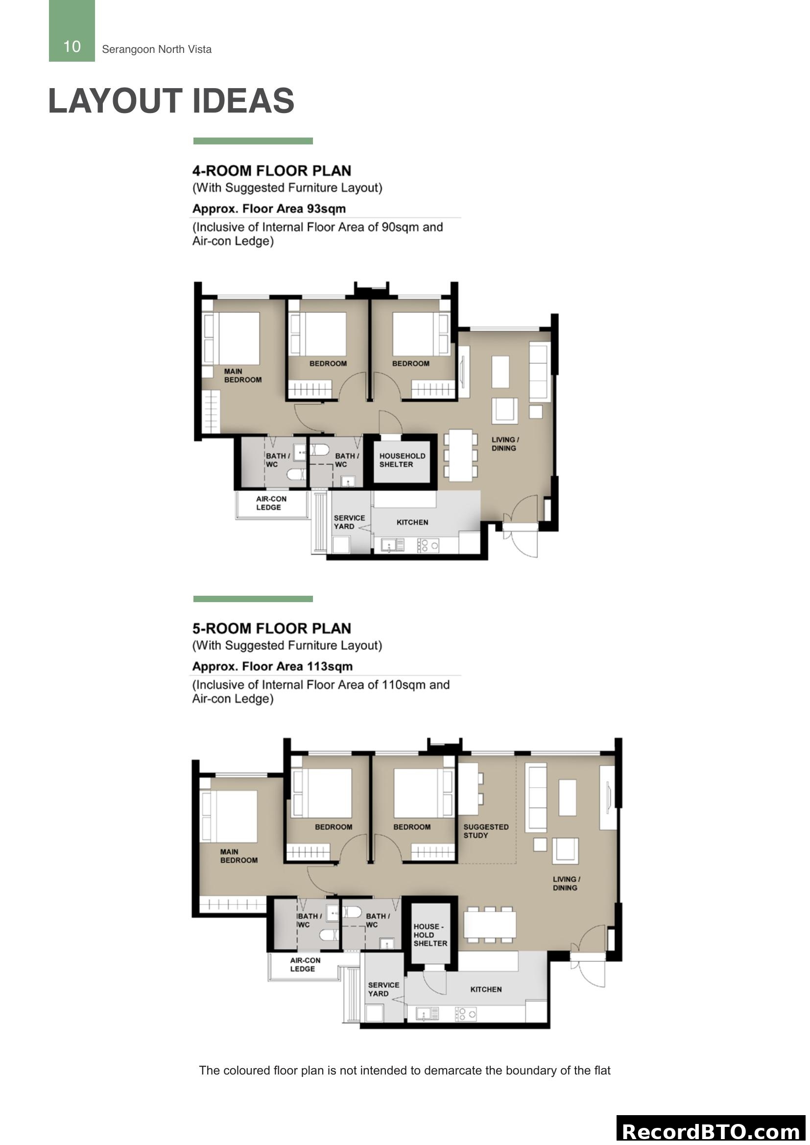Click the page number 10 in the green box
[x=72, y=47]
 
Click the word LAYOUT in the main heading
[x=115, y=101]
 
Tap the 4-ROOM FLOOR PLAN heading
[x=272, y=170]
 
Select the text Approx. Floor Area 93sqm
[x=269, y=209]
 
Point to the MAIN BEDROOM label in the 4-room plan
[x=242, y=375]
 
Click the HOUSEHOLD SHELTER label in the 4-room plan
[x=402, y=460]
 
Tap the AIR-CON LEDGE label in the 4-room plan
[x=271, y=503]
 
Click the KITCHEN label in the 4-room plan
[x=412, y=522]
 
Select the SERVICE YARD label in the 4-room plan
[x=349, y=522]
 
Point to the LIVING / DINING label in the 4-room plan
[x=505, y=444]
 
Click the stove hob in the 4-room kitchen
[x=429, y=545]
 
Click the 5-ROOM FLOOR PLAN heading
[x=272, y=629]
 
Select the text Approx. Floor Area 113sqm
[x=272, y=666]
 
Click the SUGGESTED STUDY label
[x=485, y=831]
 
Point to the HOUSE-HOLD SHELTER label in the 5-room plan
[x=430, y=935]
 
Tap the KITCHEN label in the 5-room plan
[x=486, y=989]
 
